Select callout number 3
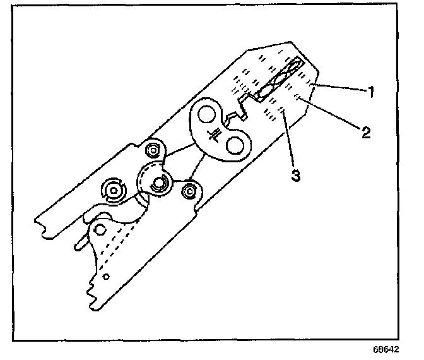(294, 174)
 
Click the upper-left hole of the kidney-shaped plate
(206, 115)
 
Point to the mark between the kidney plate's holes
(217, 133)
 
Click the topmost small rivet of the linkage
(151, 150)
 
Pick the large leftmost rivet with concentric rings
(114, 189)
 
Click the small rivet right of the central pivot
(188, 189)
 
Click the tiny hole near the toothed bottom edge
(106, 276)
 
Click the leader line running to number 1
(341, 88)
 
